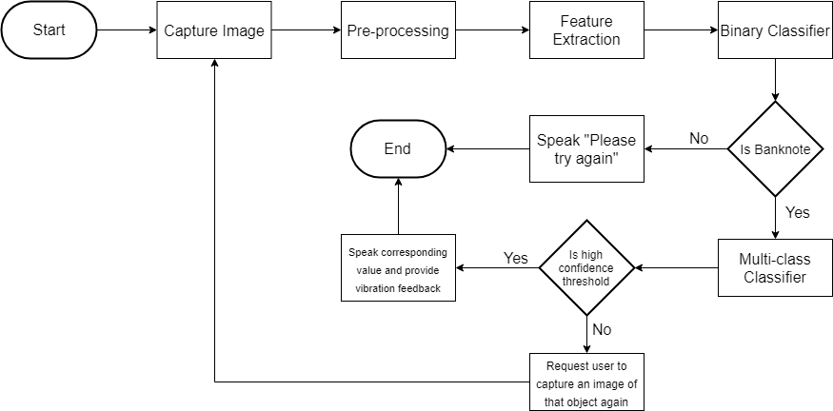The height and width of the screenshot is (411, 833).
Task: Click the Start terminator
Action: pos(50,30)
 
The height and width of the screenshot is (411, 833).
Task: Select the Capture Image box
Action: pos(213,30)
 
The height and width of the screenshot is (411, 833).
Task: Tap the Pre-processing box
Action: pos(398,30)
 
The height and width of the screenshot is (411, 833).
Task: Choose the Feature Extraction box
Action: pos(586,30)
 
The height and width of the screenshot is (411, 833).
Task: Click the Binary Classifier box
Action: pos(775,30)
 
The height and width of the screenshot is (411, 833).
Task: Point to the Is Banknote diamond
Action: pos(775,149)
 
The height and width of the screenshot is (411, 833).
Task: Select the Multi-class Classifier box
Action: pos(775,267)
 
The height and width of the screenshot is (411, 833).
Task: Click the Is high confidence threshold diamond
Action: pos(586,267)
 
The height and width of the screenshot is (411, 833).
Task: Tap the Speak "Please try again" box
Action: pos(586,148)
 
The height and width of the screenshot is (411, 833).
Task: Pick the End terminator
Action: pos(398,148)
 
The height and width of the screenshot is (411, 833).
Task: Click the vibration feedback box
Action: pos(398,267)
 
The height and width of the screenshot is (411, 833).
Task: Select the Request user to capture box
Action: pos(586,382)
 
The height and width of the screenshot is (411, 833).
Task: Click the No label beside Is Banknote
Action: pos(699,139)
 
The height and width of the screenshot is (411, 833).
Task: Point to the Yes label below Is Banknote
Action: pos(798,212)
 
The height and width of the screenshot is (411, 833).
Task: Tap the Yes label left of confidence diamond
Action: pos(515,258)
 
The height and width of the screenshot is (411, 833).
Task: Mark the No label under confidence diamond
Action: pos(602,329)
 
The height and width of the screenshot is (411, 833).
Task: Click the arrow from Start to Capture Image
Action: pos(127,30)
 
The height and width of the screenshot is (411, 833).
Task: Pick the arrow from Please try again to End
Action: pos(487,149)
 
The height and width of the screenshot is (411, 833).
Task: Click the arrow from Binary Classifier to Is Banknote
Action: pos(775,81)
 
